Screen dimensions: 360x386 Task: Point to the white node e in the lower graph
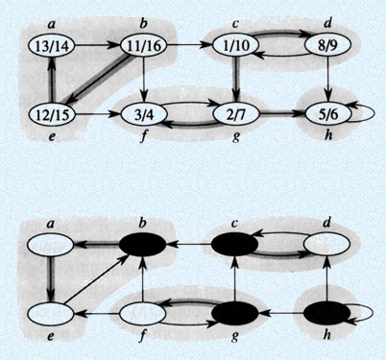tap(49, 312)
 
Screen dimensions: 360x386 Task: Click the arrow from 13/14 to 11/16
tap(96, 43)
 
